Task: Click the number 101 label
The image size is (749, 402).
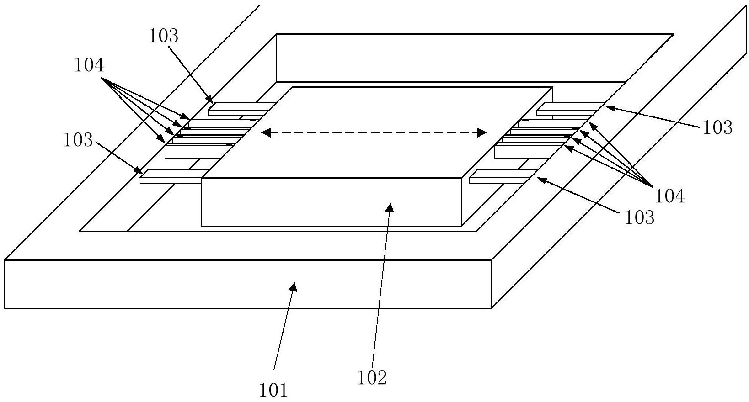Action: click(x=273, y=390)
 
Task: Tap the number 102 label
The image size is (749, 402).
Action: click(x=372, y=378)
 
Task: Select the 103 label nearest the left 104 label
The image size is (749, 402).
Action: click(x=163, y=36)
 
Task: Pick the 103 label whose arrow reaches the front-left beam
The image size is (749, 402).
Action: click(x=78, y=140)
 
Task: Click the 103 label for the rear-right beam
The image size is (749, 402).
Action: click(x=717, y=127)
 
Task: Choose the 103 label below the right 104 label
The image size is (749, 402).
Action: click(x=640, y=217)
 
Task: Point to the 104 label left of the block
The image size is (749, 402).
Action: click(x=89, y=65)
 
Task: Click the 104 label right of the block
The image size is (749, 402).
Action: click(x=670, y=196)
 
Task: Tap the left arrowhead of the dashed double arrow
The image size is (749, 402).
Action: click(x=266, y=133)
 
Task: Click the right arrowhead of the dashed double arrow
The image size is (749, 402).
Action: click(x=482, y=132)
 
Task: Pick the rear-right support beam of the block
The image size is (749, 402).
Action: click(x=571, y=109)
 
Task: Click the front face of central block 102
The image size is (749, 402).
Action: click(x=331, y=202)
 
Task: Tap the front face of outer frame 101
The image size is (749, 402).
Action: click(x=247, y=284)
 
